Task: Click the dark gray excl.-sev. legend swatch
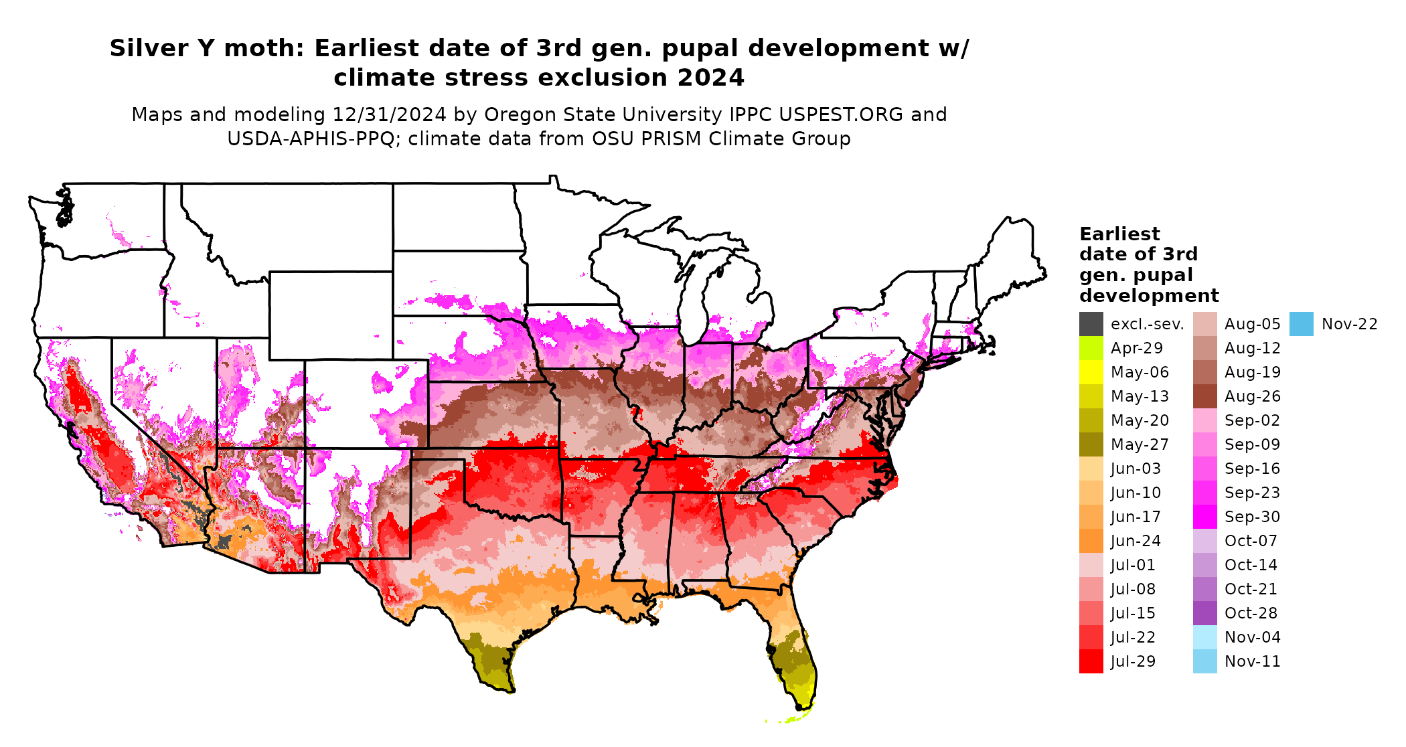[x=1091, y=324]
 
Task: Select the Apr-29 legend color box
[x=1091, y=348]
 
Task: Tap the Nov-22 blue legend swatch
[x=1301, y=324]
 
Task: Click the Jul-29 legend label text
[x=1133, y=661]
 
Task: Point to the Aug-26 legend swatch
[x=1204, y=396]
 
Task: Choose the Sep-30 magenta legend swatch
[x=1204, y=517]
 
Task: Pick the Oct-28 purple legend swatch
[x=1204, y=613]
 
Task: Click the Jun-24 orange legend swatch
[x=1091, y=541]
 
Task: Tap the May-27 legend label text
[x=1140, y=444]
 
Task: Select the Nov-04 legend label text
[x=1252, y=637]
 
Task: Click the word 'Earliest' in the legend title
[x=1119, y=234]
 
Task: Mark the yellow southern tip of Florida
[x=805, y=696]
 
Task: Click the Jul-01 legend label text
[x=1133, y=565]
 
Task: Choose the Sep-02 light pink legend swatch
[x=1204, y=420]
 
